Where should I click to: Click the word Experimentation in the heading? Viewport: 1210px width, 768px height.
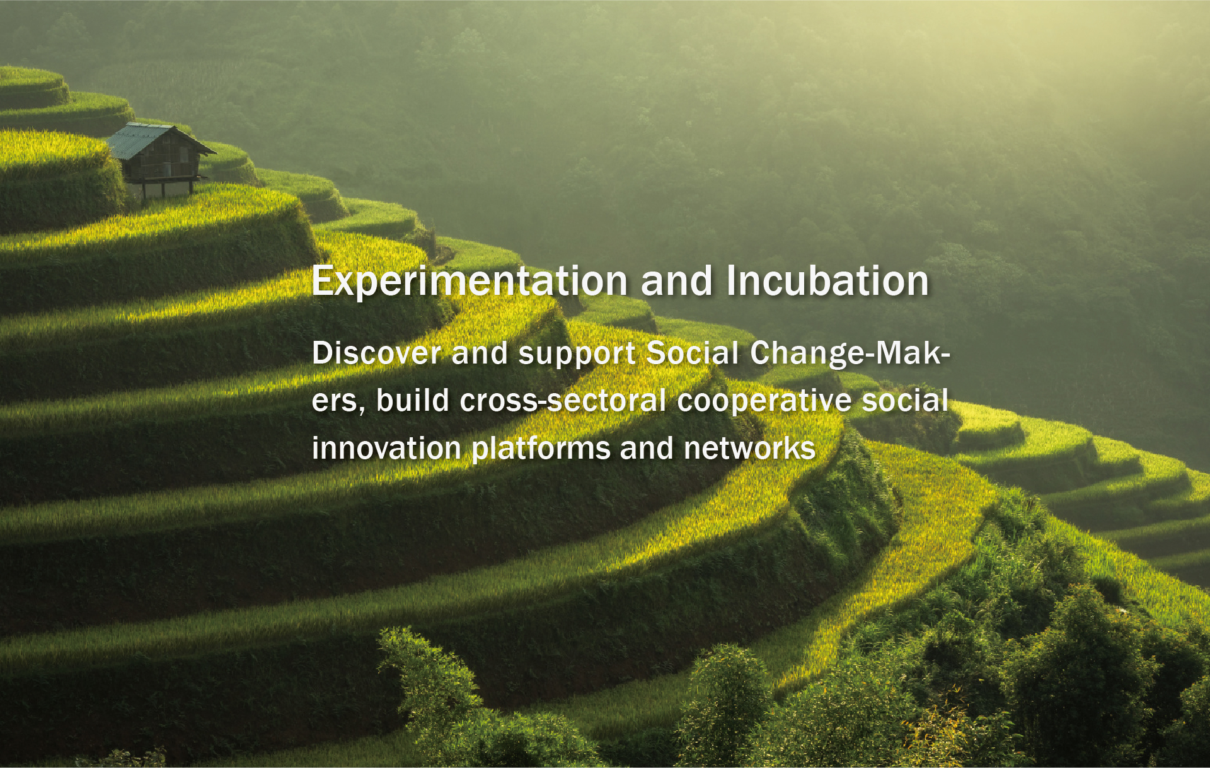pos(470,281)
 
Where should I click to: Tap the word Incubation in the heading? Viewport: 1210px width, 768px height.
pos(827,280)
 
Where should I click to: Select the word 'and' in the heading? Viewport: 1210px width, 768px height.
pos(677,280)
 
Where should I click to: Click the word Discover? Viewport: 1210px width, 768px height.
pos(376,352)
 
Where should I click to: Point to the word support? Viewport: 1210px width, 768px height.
pos(577,355)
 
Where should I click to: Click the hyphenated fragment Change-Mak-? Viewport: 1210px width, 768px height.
pos(850,353)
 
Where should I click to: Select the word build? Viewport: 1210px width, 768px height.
pos(413,400)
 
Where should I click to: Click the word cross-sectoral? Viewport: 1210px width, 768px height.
pos(563,400)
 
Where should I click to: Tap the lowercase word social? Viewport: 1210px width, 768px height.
pos(905,400)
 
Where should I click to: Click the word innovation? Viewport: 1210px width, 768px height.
pos(386,448)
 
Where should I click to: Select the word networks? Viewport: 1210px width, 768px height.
pos(749,448)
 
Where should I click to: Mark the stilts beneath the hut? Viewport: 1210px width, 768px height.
pos(167,188)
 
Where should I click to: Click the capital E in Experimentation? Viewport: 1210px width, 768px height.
pos(322,280)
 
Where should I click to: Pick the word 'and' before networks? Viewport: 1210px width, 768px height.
pos(647,448)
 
